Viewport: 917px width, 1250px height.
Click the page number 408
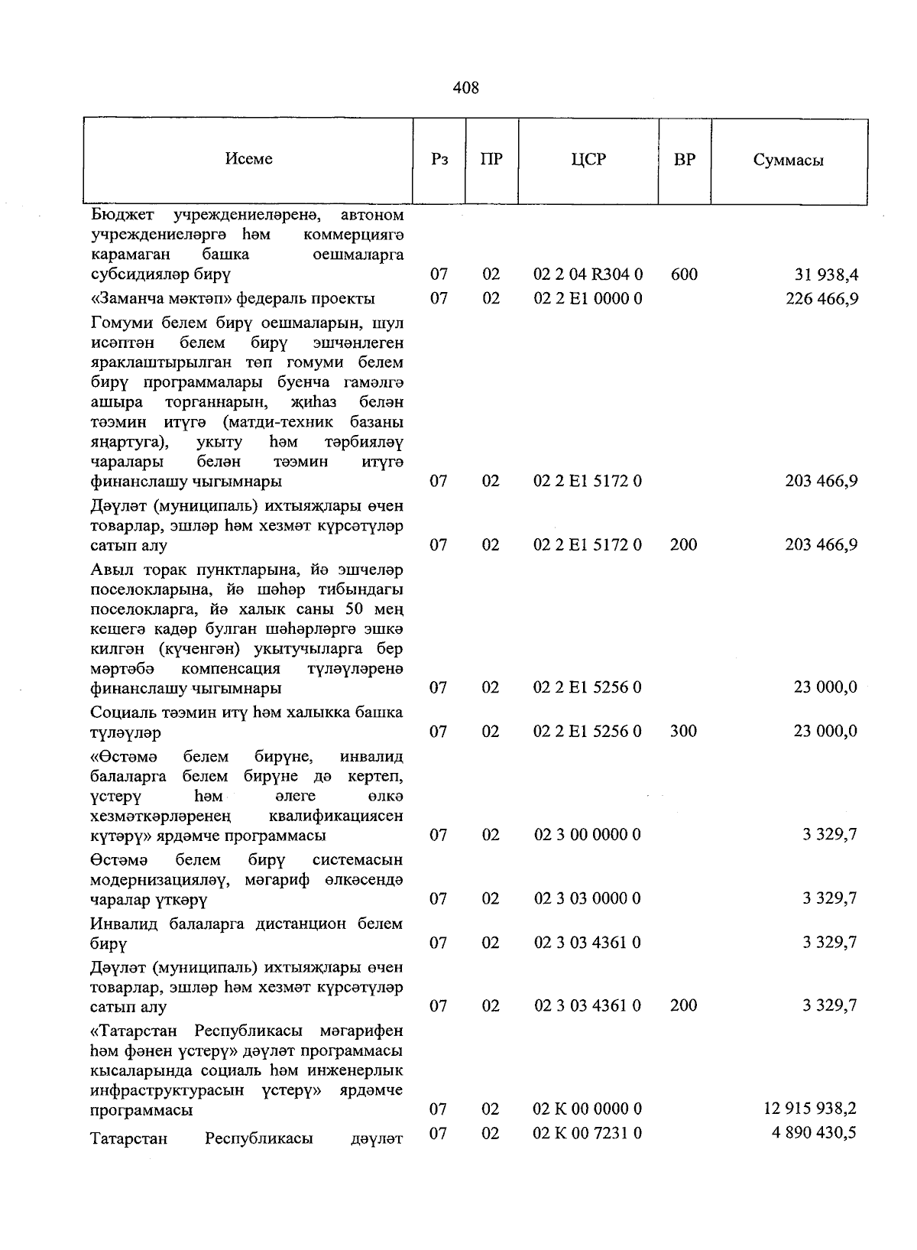coord(465,88)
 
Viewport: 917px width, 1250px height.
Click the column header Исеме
coord(248,159)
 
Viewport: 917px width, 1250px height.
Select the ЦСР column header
coord(588,160)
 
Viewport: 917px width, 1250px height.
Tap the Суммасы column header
coord(788,161)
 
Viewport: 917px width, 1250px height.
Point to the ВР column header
coord(684,160)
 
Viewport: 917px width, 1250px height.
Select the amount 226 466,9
coord(821,298)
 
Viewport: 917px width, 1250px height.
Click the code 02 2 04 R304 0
coord(588,274)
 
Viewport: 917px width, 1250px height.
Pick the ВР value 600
coord(684,274)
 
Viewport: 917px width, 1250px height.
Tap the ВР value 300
coord(684,732)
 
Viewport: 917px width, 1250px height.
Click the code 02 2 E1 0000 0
coord(588,298)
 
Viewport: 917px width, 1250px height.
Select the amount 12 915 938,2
coord(810,1109)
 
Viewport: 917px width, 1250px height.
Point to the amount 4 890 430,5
coord(814,1132)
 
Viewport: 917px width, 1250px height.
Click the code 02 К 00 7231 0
coord(588,1132)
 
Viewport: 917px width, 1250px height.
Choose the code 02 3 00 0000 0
coord(588,835)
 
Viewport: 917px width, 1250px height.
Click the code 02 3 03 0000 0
coord(588,898)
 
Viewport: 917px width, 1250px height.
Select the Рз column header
coord(439,160)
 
